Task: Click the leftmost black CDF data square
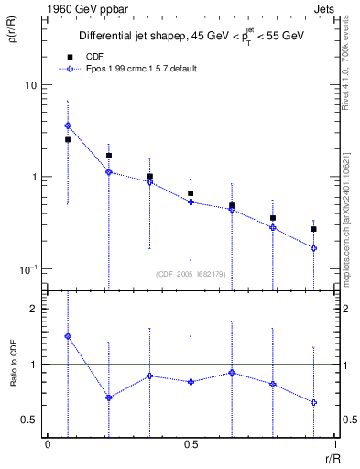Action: (x=68, y=140)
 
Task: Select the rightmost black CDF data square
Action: (x=313, y=229)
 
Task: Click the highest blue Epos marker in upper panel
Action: (x=68, y=125)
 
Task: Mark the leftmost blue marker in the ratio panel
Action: (x=68, y=336)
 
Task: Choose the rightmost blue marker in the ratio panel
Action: (x=313, y=402)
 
